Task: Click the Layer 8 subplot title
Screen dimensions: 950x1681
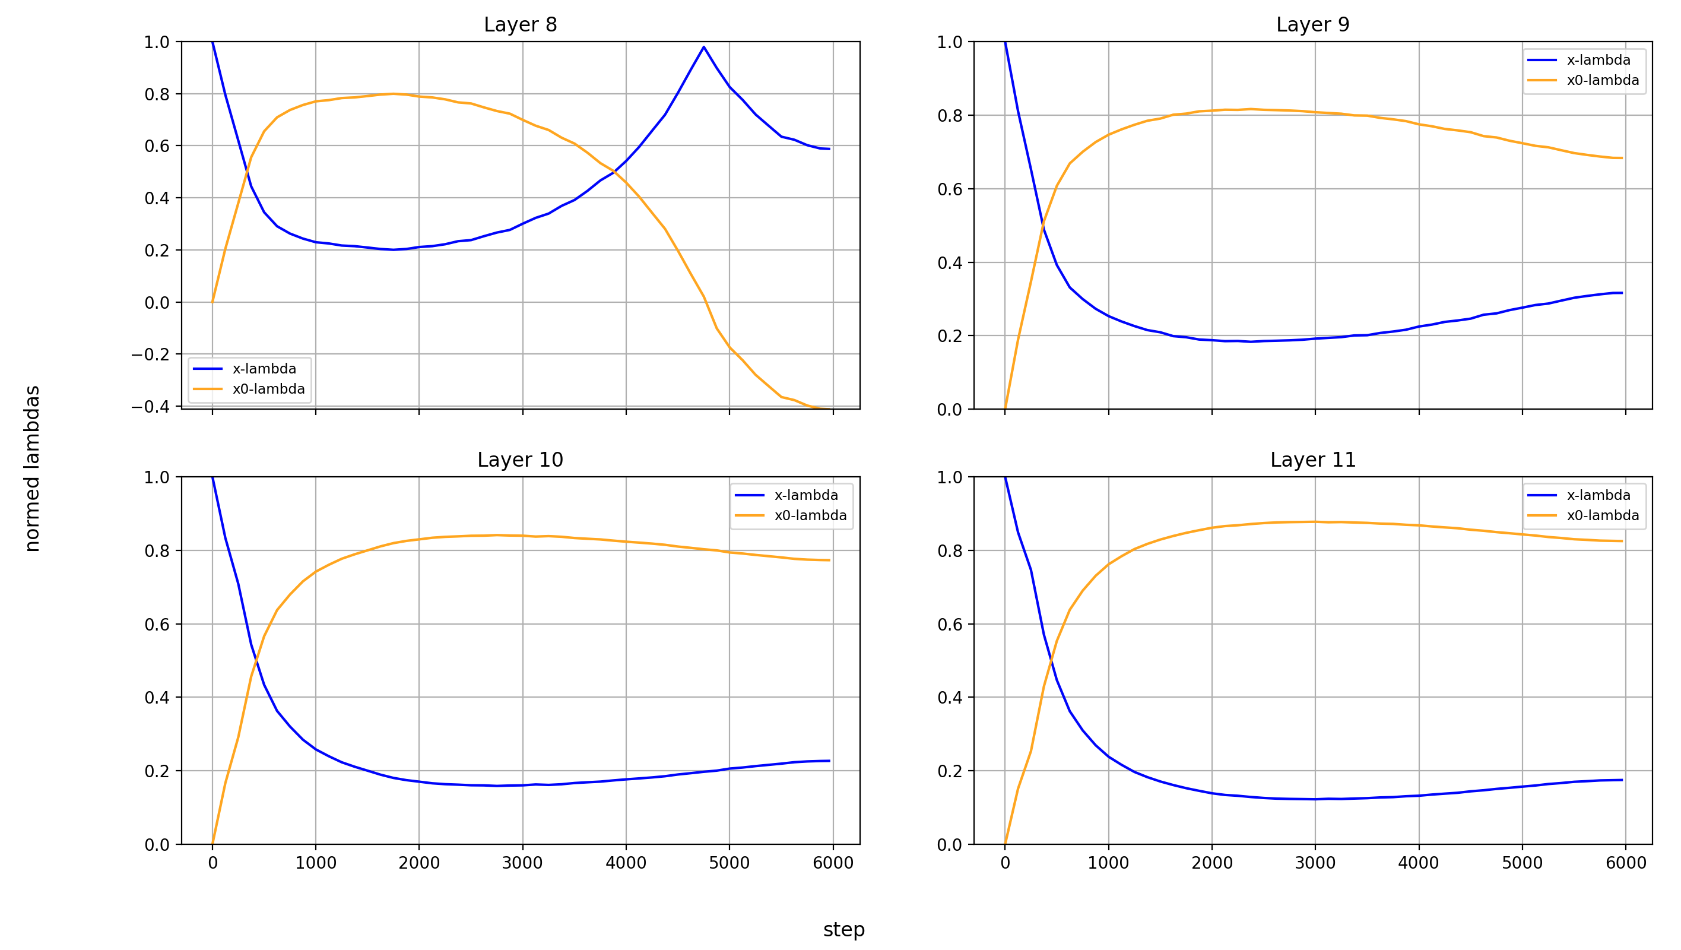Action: (520, 25)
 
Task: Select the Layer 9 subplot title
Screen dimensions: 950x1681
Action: (1312, 25)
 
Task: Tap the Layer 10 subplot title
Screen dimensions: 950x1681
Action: (520, 460)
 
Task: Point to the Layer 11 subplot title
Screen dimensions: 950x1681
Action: (1312, 460)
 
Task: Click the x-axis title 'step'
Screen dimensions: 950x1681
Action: (843, 929)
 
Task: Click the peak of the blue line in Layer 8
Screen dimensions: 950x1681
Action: (703, 47)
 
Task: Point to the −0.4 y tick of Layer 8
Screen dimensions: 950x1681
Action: (150, 407)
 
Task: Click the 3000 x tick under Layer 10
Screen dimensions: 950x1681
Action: (522, 863)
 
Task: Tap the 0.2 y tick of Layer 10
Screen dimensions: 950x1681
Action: (157, 771)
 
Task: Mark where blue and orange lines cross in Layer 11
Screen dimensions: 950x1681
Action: (1050, 664)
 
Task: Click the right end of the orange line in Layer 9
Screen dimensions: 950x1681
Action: (1622, 158)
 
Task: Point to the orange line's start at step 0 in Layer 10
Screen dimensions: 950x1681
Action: (212, 844)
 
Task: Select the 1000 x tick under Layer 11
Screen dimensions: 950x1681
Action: (1108, 863)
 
